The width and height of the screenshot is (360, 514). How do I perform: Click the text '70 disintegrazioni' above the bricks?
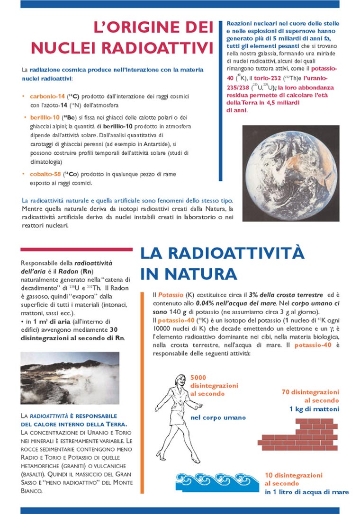pos(310,392)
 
